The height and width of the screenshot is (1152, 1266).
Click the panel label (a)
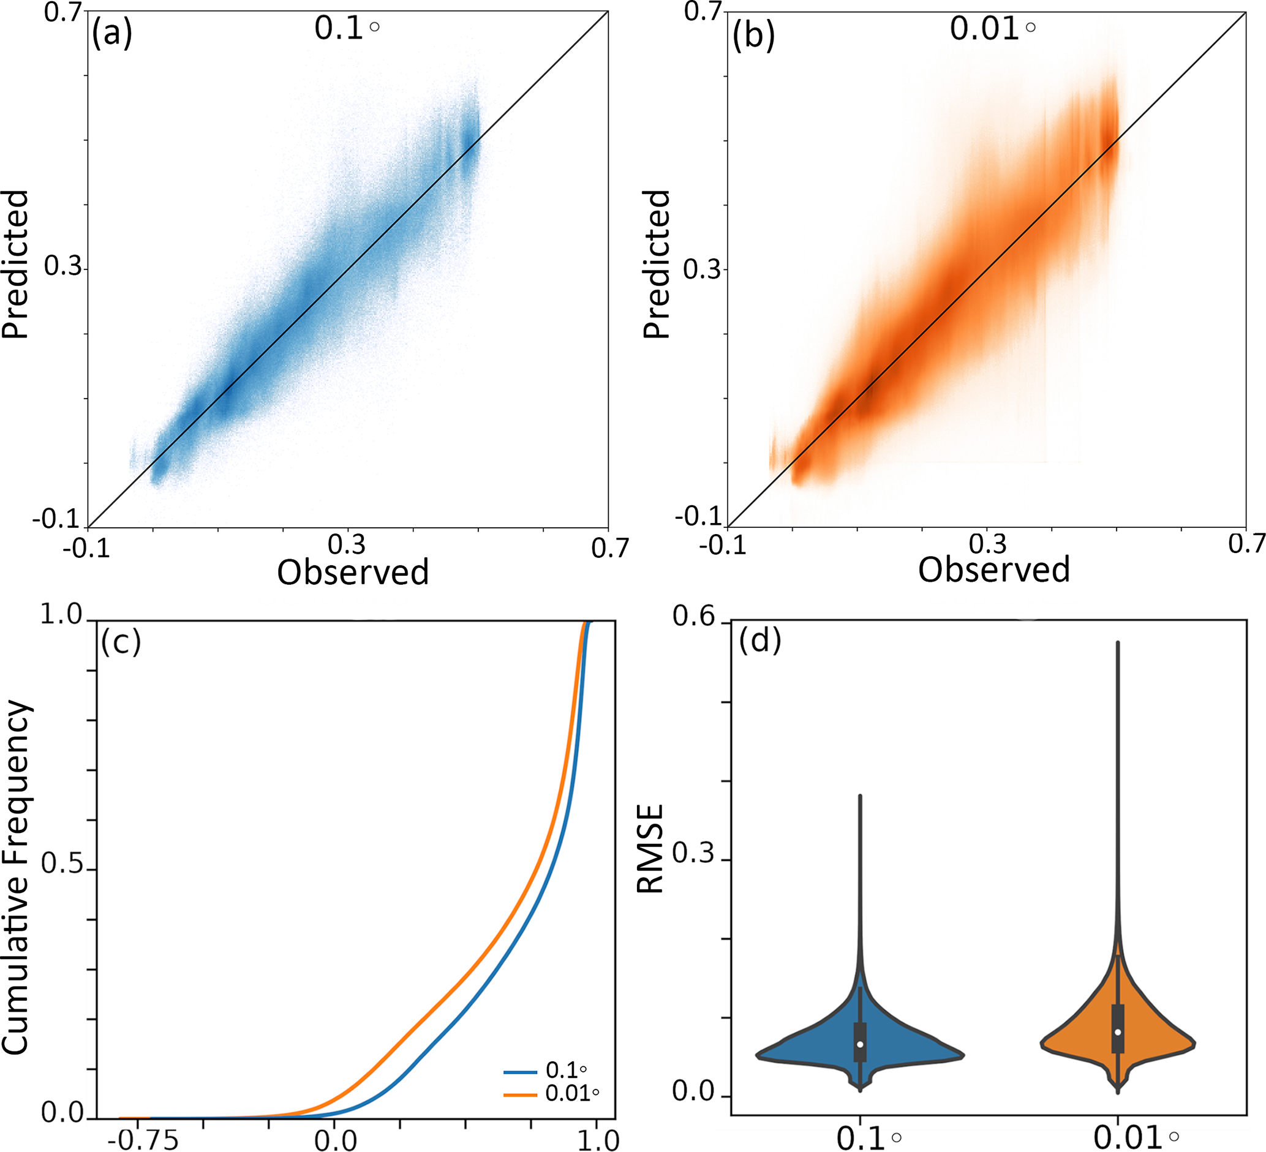tap(112, 34)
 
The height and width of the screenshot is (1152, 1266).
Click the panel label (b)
tap(753, 36)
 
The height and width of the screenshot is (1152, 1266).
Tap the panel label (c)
tap(121, 642)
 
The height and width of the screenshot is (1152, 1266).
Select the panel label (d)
tap(760, 641)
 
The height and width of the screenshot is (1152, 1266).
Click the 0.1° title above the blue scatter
tap(346, 28)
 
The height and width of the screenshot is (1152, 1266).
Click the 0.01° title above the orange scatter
tap(992, 28)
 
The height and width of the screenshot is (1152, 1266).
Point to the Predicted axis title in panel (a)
tap(15, 265)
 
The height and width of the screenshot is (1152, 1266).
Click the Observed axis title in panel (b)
tap(993, 570)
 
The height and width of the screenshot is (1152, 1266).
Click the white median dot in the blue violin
tap(861, 1044)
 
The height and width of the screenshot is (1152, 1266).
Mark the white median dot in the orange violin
tap(1118, 1032)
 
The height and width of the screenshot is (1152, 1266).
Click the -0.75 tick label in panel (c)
tap(148, 1139)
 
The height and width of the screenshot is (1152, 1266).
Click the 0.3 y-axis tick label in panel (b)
tap(701, 269)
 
